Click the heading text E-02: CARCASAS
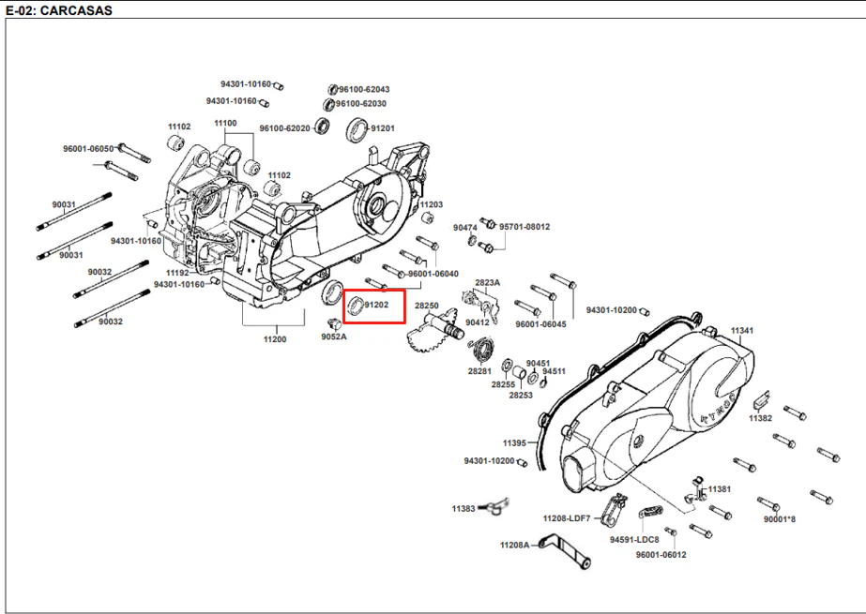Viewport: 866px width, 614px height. [x=59, y=10]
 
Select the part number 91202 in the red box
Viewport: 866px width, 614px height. [x=376, y=305]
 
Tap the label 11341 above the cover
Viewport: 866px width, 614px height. [x=742, y=331]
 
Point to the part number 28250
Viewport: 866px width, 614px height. [x=426, y=306]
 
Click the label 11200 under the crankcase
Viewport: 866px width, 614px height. [x=275, y=339]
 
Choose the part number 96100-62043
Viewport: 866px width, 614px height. [x=364, y=89]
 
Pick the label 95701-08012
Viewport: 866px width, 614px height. [x=524, y=227]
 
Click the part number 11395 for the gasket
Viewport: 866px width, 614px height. [x=514, y=443]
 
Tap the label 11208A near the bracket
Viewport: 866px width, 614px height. [x=515, y=545]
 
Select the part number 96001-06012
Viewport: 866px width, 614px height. [x=661, y=554]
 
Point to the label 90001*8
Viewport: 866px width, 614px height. [x=780, y=519]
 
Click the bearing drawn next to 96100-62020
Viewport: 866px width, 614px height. [x=323, y=126]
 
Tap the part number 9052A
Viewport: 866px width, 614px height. [x=334, y=337]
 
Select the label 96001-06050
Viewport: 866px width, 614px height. [x=88, y=149]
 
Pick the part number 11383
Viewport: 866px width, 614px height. [x=463, y=509]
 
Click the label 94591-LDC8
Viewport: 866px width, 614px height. [x=634, y=540]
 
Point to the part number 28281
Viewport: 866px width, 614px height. [x=479, y=371]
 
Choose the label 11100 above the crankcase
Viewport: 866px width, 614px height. [x=225, y=123]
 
